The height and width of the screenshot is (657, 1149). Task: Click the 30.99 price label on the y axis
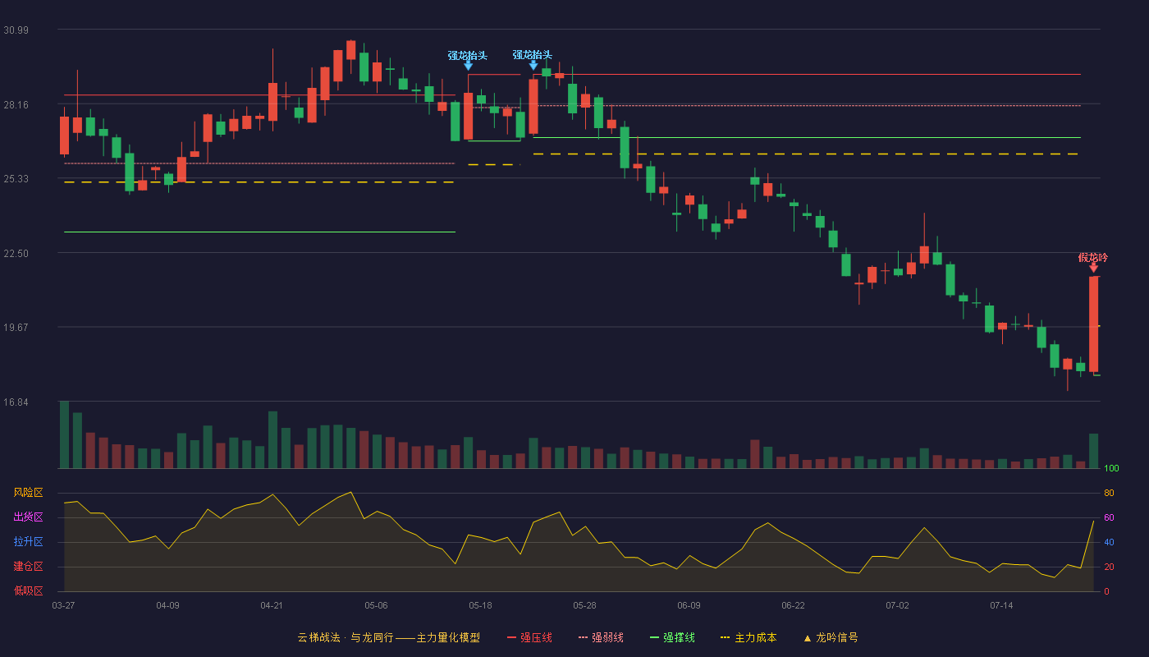click(16, 30)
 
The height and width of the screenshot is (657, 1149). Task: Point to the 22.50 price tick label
click(16, 254)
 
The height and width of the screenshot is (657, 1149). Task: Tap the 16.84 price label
click(16, 402)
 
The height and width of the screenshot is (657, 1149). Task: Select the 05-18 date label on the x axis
click(480, 606)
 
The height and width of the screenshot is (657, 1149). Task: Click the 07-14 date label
click(1001, 606)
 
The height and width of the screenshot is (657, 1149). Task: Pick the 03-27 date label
click(64, 606)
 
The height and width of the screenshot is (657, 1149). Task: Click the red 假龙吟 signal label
click(1092, 258)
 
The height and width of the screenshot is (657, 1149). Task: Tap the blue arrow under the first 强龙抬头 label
click(468, 65)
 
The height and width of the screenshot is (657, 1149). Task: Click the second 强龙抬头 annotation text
click(533, 55)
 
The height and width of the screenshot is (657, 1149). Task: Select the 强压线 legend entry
click(529, 637)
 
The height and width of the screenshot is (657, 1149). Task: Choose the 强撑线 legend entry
click(672, 637)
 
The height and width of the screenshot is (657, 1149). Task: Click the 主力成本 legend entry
click(748, 637)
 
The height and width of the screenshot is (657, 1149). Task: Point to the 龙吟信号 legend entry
click(831, 637)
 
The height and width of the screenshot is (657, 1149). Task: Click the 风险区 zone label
click(28, 493)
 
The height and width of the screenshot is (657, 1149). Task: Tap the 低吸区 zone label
click(28, 591)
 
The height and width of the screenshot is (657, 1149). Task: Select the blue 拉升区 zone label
click(28, 542)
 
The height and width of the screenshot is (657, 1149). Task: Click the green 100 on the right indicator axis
click(1111, 468)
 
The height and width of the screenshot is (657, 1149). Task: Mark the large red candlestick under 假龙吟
click(1093, 324)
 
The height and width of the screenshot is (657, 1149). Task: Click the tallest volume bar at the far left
click(64, 434)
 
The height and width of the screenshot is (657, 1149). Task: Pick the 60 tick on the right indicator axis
click(1109, 517)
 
